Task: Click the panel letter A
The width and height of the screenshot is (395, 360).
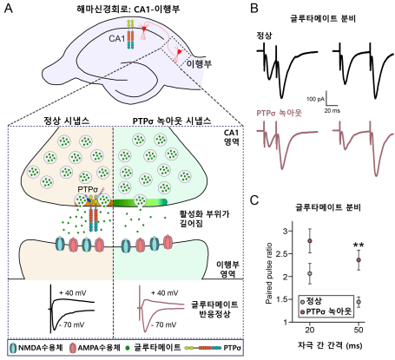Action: click(9, 9)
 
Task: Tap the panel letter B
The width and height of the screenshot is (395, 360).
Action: click(253, 8)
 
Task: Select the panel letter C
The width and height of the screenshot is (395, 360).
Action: click(254, 200)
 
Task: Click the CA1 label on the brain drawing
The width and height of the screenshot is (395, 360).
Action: click(116, 38)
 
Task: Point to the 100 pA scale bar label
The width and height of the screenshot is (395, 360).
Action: click(315, 99)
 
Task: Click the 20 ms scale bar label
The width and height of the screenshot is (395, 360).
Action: click(332, 110)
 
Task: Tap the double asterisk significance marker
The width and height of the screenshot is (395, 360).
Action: click(359, 245)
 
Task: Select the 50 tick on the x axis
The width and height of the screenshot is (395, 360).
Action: click(359, 330)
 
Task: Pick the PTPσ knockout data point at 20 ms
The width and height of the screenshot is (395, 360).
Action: click(310, 241)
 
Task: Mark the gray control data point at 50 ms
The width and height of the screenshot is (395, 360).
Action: click(359, 302)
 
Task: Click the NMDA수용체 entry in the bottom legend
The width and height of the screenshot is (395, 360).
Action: click(36, 347)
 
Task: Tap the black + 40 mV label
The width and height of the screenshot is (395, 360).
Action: click(73, 293)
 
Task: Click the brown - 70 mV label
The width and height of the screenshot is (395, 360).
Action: click(162, 324)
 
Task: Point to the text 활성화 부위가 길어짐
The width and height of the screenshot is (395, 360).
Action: click(204, 219)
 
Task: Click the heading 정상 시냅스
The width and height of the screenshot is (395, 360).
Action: click(66, 121)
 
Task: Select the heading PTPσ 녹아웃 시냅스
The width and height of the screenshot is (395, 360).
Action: click(172, 121)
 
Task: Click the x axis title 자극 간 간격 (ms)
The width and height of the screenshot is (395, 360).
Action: click(330, 345)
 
